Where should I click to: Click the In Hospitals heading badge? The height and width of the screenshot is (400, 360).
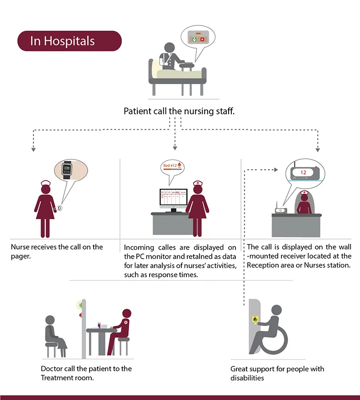click(x=69, y=41)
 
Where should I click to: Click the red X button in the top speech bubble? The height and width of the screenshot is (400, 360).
click(x=202, y=40)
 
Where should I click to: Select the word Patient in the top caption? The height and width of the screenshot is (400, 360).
click(x=137, y=111)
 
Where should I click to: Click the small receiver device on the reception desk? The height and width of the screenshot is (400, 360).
click(x=280, y=210)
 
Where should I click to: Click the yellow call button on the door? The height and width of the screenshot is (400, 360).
click(x=255, y=319)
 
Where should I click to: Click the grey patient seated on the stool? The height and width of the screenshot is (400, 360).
click(x=54, y=334)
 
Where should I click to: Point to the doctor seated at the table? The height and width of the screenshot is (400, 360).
click(x=119, y=330)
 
